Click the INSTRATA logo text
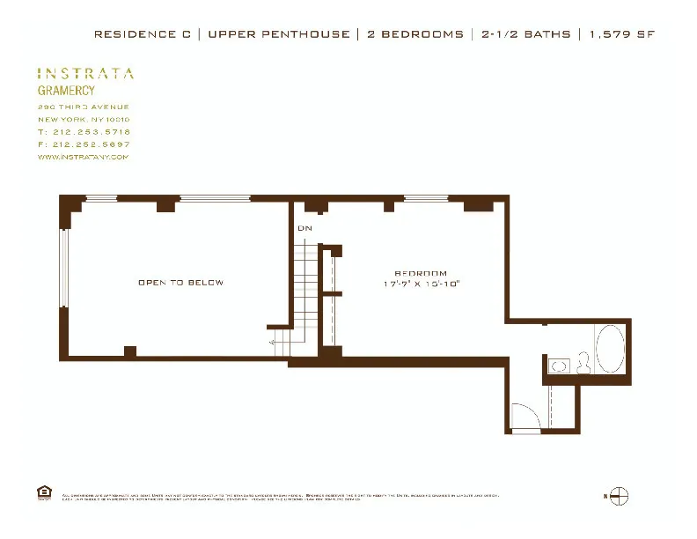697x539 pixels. click(x=85, y=74)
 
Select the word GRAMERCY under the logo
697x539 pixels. click(x=66, y=91)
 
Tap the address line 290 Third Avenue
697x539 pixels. click(x=84, y=107)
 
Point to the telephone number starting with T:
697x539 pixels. click(x=84, y=131)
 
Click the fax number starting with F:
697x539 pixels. click(x=84, y=144)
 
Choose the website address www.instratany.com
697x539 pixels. click(x=84, y=157)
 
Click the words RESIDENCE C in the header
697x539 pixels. click(x=143, y=34)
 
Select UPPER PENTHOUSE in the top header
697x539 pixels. click(x=278, y=34)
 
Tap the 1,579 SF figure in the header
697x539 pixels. click(x=621, y=34)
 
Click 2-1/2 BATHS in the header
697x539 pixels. click(x=525, y=34)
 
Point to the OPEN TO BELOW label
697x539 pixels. click(x=180, y=283)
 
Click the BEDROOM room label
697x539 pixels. click(x=421, y=273)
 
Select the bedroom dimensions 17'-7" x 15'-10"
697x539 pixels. click(x=422, y=284)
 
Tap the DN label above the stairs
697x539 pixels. click(x=304, y=229)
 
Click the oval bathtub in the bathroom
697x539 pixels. click(x=611, y=350)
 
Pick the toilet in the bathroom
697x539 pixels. click(x=583, y=364)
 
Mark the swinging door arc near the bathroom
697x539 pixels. click(x=525, y=416)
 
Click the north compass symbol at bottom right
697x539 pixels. click(x=619, y=496)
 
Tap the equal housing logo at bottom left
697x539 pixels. click(x=43, y=491)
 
